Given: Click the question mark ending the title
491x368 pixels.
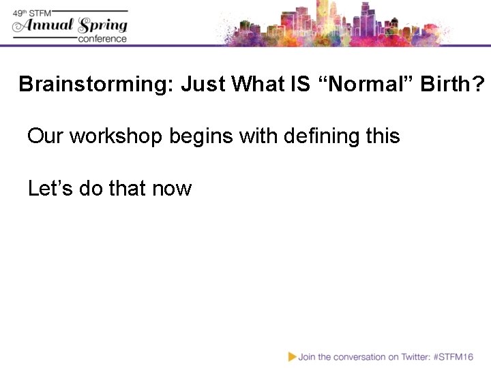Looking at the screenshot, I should click(479, 85).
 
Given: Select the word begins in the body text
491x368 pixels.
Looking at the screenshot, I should click(198, 136).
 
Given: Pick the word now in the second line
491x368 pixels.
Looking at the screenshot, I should click(172, 188).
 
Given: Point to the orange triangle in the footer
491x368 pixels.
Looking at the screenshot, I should click(292, 356).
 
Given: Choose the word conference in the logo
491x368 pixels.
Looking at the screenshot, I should click(102, 39).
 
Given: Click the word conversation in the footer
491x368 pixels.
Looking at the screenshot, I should click(346, 356).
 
